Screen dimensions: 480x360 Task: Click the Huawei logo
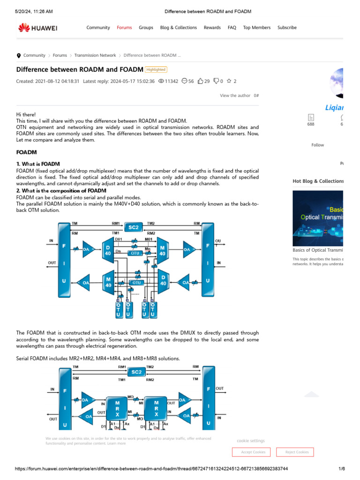click(37, 28)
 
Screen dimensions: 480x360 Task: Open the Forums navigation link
click(124, 28)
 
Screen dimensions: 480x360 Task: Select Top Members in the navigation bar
click(256, 28)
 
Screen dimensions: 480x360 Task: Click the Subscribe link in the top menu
click(287, 28)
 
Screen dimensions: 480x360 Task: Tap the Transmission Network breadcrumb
click(95, 55)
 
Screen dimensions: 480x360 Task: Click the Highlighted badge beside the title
click(156, 69)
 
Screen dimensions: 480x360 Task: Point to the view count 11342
click(168, 81)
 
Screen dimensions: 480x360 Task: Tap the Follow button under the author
click(317, 145)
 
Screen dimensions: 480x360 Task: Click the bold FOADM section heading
click(26, 152)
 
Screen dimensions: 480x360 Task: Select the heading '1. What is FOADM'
click(38, 164)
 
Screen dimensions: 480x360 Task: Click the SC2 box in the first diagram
click(134, 228)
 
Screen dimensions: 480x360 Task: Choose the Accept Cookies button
click(253, 452)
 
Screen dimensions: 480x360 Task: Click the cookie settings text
click(250, 441)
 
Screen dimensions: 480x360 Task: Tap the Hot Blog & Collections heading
click(318, 181)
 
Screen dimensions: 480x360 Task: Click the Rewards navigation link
click(212, 28)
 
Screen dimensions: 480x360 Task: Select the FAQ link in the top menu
click(232, 28)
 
